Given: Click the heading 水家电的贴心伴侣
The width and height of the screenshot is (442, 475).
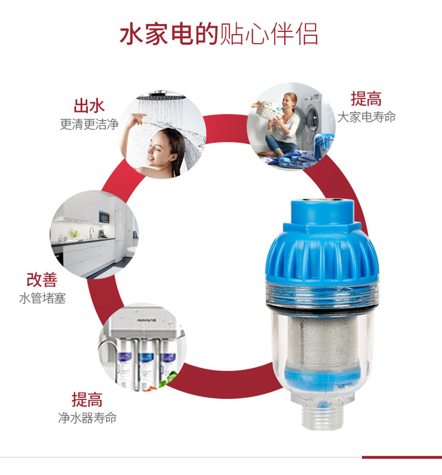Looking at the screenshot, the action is pos(219,34).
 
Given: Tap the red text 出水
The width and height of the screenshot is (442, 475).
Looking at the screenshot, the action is pos(89,105).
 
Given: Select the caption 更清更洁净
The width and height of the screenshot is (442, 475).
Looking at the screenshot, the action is pos(89,124).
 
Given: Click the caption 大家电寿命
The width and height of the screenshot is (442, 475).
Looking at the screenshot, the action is pos(366,117).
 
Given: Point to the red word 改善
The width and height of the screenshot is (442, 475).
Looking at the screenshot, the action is pos(42,279).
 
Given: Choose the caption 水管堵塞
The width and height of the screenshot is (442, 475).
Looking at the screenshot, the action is pos(42,298).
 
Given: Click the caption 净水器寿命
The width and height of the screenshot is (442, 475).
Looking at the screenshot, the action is pos(87,418).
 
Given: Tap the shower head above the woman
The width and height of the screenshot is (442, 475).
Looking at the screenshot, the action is pos(161,96).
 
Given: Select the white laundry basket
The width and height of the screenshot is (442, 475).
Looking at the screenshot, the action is pos(267,110).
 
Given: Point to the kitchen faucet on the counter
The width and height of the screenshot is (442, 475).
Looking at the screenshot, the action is pos(91,233).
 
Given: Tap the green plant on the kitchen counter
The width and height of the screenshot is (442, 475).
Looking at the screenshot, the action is pos(73,233).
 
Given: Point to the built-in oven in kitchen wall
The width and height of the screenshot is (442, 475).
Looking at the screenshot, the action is pos(104,217).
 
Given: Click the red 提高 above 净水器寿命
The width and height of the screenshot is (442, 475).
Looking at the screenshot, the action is pos(87,399).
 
